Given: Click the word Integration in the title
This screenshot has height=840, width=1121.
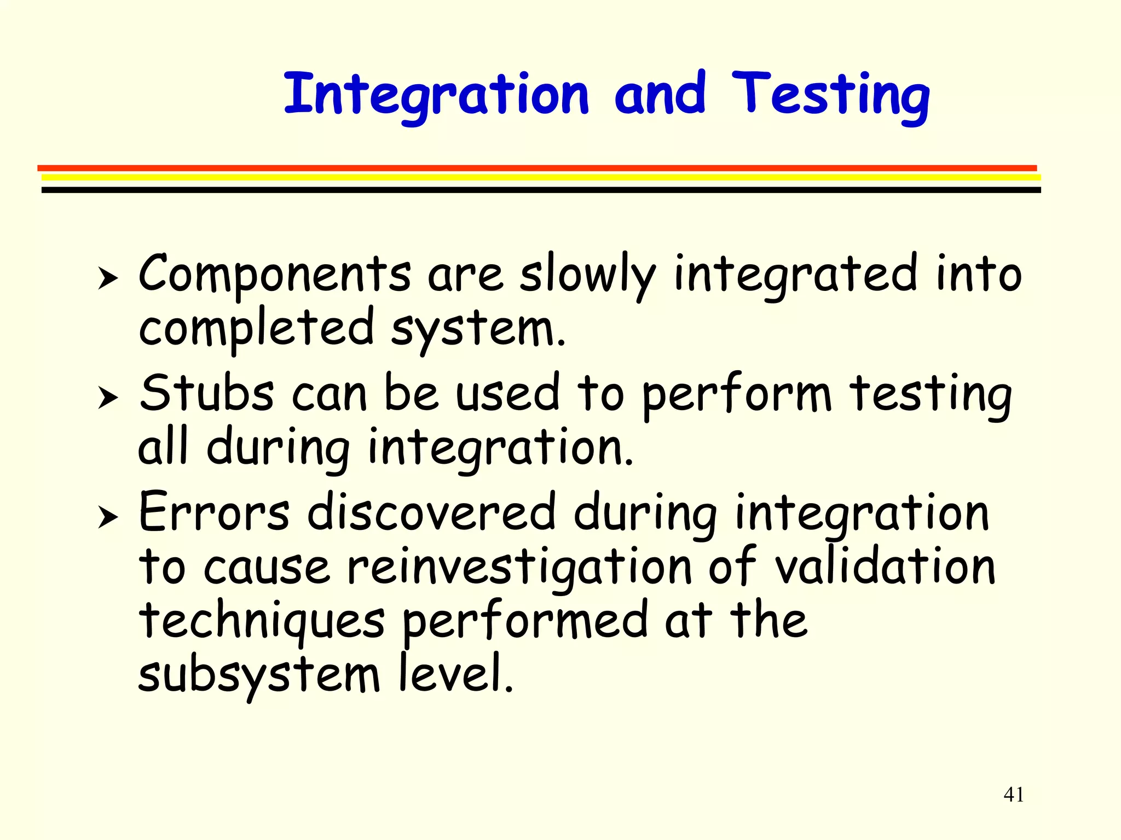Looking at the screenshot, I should (436, 96).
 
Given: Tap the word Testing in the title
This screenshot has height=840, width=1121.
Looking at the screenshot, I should (830, 96).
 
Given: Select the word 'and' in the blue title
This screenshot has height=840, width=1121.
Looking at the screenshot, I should (660, 94).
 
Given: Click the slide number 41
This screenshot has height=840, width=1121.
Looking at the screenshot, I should (1014, 794).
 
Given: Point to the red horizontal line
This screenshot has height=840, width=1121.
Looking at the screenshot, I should (536, 168).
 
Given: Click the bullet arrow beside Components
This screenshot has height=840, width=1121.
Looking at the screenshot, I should (107, 278).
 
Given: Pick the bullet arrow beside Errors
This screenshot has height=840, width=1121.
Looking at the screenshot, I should (107, 517).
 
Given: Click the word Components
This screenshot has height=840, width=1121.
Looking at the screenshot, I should (274, 275).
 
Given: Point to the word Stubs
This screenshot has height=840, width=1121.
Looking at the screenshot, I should (206, 393).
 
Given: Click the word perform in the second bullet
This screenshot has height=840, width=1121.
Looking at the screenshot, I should (736, 395).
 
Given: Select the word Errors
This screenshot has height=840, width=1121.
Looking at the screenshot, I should (214, 512).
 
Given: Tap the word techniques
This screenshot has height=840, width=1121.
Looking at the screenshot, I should (262, 622).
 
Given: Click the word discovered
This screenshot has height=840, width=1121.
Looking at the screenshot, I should (431, 512).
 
